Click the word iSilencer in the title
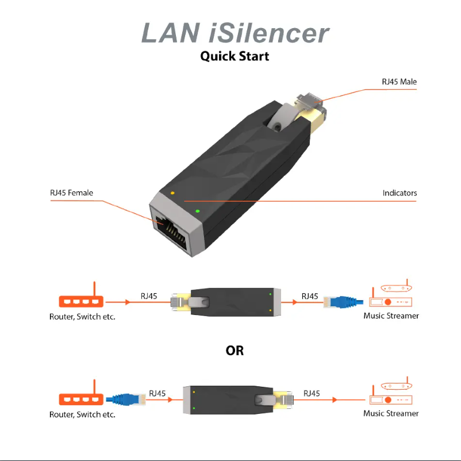pos(268,33)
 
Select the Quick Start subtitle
pos(235,56)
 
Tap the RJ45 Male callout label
pos(399,82)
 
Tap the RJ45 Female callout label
pos(71,193)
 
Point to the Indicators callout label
pos(399,193)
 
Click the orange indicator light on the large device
pos(172,193)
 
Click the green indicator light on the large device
pos(197,211)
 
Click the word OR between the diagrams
pos(235,351)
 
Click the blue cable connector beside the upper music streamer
pos(343,301)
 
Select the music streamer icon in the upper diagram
pos(391,295)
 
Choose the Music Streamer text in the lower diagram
pos(391,413)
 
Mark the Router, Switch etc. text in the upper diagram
pos(82,317)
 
